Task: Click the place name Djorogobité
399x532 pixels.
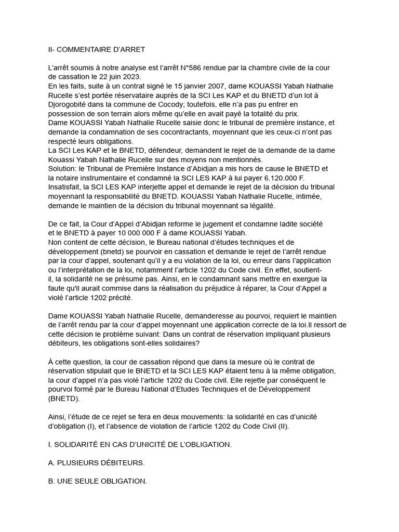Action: (70, 104)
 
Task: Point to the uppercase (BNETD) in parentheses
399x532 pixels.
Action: (64, 398)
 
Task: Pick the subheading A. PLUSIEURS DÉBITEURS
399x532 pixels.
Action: (96, 463)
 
